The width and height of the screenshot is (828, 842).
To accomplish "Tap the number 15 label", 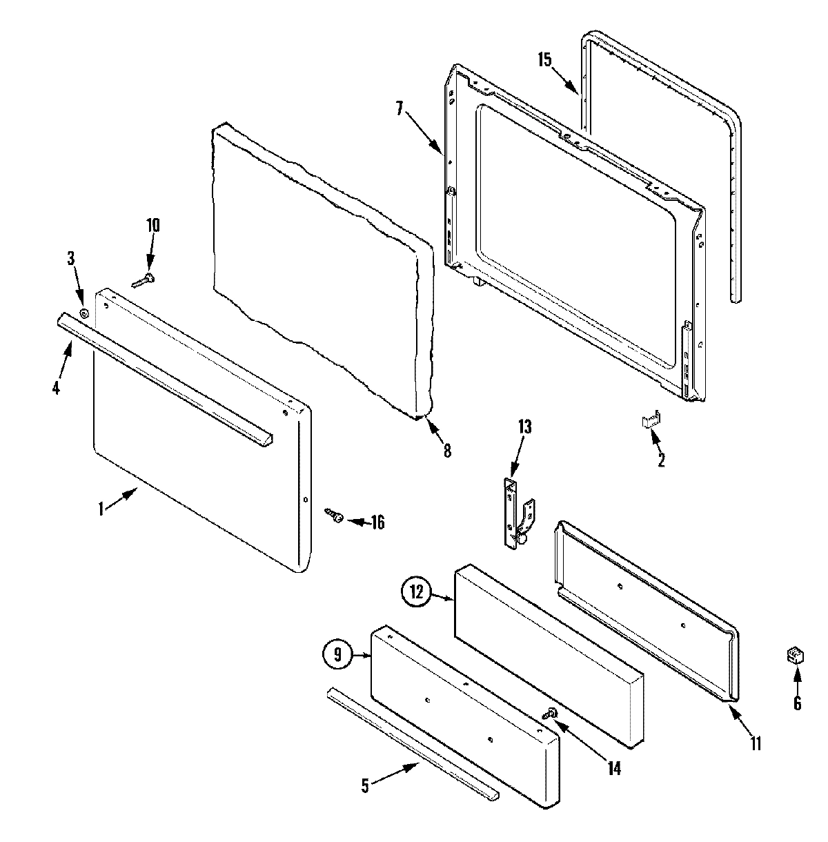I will pos(544,59).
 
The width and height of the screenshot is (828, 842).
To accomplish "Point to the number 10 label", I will pos(152,225).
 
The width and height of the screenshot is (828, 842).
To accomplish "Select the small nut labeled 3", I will pos(84,314).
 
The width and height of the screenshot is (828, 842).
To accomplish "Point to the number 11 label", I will pos(756,743).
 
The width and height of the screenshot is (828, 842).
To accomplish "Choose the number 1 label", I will pos(101,509).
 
